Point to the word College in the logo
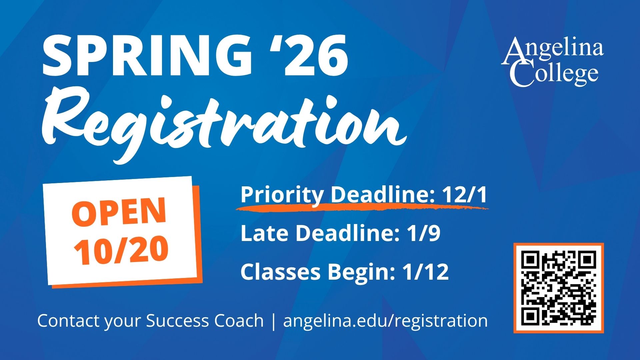(554, 74)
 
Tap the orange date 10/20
(121, 250)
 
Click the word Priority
(282, 195)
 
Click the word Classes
(280, 271)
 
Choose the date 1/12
(426, 271)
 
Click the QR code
(559, 288)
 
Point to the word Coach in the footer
(239, 321)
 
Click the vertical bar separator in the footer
(274, 321)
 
